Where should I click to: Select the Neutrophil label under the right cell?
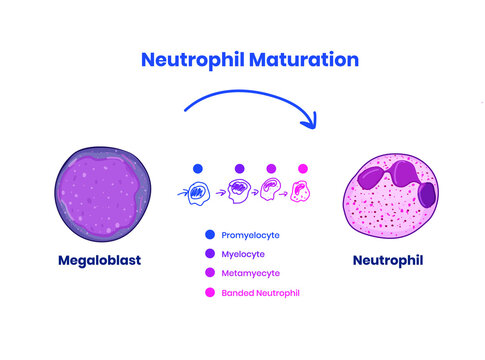pyautogui.click(x=388, y=261)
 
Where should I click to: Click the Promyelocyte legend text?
pyautogui.click(x=250, y=235)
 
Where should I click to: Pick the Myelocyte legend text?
pyautogui.click(x=243, y=254)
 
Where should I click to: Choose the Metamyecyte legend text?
pyautogui.click(x=249, y=273)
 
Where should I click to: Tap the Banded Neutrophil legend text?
pyautogui.click(x=260, y=292)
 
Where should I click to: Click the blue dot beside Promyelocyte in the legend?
pyautogui.click(x=209, y=235)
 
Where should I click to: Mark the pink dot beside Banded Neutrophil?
pyautogui.click(x=209, y=292)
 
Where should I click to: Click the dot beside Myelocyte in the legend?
pyautogui.click(x=209, y=254)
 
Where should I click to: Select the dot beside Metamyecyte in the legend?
pyautogui.click(x=209, y=273)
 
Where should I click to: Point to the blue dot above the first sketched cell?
pyautogui.click(x=198, y=168)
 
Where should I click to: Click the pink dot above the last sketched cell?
pyautogui.click(x=303, y=168)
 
